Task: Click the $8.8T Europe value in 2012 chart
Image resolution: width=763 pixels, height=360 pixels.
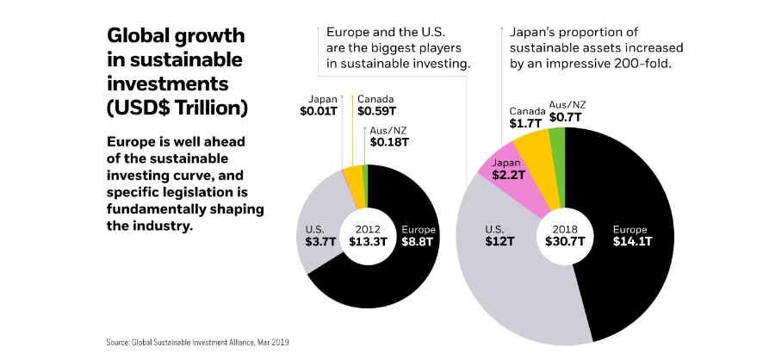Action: tap(419, 242)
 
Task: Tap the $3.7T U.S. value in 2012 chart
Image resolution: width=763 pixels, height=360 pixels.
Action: tap(314, 242)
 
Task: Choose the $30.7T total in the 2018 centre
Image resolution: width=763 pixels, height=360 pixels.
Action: tap(565, 242)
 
